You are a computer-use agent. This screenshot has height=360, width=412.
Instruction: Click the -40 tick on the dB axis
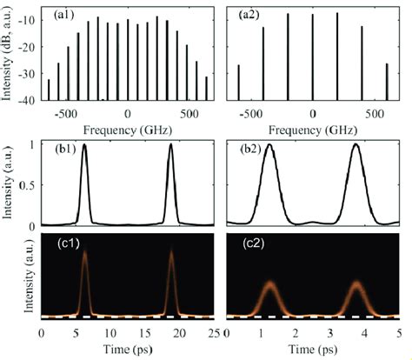(x=27, y=101)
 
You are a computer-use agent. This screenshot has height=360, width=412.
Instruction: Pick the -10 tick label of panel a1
(x=27, y=18)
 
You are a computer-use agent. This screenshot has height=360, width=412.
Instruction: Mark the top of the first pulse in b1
(x=84, y=144)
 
